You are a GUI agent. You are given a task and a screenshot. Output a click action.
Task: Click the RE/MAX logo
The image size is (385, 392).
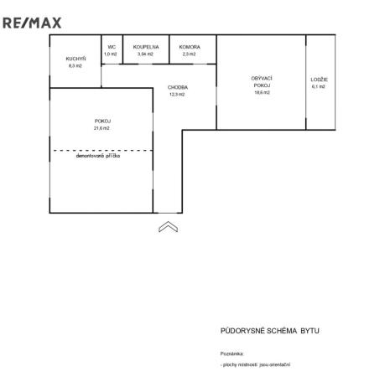point(32,23)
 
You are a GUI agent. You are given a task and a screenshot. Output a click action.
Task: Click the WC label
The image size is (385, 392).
point(111,47)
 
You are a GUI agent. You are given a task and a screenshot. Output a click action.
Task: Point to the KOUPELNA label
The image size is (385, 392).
point(146,47)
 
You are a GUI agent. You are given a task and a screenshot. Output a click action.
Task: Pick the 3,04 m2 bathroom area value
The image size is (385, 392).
point(146,54)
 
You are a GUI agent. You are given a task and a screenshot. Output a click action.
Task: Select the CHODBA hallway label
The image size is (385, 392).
point(177,87)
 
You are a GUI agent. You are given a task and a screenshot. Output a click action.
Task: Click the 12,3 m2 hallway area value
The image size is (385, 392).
point(177,94)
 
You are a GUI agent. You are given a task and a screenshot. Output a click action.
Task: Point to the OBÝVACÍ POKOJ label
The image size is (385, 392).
point(261,82)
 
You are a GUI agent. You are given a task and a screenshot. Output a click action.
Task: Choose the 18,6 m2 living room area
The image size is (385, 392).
point(261,94)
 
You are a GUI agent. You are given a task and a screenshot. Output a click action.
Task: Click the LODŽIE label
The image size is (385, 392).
point(318,79)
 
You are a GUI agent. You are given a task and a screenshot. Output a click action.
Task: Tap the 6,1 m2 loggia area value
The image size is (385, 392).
point(318,86)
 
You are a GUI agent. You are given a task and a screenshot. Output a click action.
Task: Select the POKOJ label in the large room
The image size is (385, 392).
point(102,121)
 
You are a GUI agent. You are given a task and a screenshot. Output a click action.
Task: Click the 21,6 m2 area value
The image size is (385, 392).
point(102,127)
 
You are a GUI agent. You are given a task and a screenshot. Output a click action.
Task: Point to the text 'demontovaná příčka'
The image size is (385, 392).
point(98,156)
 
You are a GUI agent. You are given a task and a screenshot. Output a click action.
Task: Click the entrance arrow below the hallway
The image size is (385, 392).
point(167,225)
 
